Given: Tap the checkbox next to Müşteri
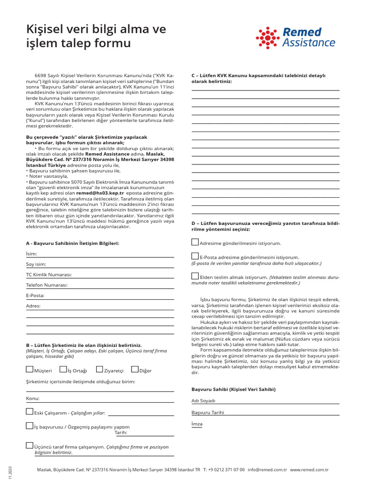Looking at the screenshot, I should [30, 369].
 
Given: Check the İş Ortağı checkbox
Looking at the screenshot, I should [63, 369].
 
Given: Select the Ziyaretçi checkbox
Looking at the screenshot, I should [100, 369].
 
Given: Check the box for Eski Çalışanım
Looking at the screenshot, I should [30, 412].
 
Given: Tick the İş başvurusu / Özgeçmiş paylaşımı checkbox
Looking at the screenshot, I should [30, 426].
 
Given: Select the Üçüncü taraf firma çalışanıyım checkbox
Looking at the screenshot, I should [30, 446].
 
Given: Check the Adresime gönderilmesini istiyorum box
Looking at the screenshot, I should [195, 242].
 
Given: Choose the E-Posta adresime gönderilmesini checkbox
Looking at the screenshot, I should [195, 256].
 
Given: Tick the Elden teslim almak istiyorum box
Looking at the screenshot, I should [195, 275].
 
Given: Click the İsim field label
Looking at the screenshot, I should [31, 254].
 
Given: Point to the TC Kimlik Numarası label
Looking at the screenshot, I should [49, 275].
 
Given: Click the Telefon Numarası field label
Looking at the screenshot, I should [47, 285].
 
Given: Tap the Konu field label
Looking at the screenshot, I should [32, 398].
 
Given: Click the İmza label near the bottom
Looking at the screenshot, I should [197, 424].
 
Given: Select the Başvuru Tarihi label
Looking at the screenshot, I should [207, 413].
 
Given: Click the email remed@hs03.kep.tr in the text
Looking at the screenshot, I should [100, 194].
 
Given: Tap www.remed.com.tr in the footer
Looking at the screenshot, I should [309, 469].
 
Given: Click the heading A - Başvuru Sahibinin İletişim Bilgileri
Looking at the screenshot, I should [72, 243].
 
